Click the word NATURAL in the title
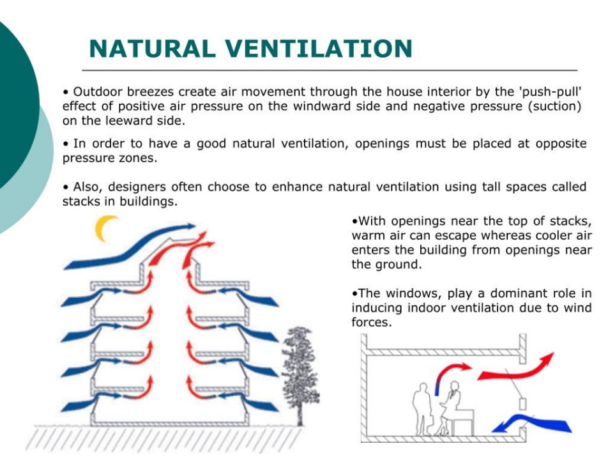[x=153, y=49]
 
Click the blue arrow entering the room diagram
[x=531, y=424]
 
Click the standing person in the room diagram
[x=422, y=409]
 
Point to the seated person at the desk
[x=450, y=408]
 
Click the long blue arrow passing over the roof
[x=130, y=247]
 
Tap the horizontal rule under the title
[x=330, y=70]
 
